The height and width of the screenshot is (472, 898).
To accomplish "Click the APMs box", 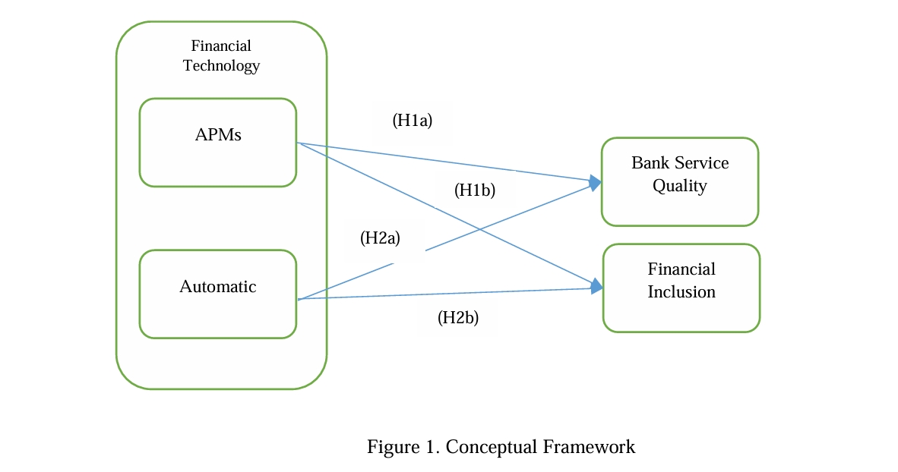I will point(218,142).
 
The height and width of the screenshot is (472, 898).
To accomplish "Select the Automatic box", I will point(218,294).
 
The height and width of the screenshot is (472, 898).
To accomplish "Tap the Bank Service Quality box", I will point(680,181).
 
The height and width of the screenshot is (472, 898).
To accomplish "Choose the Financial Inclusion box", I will point(681,288).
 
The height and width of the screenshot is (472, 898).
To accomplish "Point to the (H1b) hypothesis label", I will point(475,190).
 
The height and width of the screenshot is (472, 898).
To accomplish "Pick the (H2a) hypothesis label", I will point(380,238).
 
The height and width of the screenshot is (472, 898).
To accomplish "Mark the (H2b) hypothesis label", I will point(458,318).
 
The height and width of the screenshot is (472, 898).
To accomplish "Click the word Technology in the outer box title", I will point(221,65).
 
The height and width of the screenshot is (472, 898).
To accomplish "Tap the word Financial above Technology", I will point(221,46).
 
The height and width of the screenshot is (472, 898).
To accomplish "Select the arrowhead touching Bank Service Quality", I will point(595,182).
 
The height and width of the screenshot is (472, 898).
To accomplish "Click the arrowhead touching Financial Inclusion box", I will point(596,286).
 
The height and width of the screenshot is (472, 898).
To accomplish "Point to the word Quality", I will point(680,186).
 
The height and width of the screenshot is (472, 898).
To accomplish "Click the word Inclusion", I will point(681,292).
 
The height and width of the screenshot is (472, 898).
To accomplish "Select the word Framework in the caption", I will point(589,447).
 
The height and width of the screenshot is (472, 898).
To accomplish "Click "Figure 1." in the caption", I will point(403,447).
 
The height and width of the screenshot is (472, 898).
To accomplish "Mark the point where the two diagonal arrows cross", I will point(479,228).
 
